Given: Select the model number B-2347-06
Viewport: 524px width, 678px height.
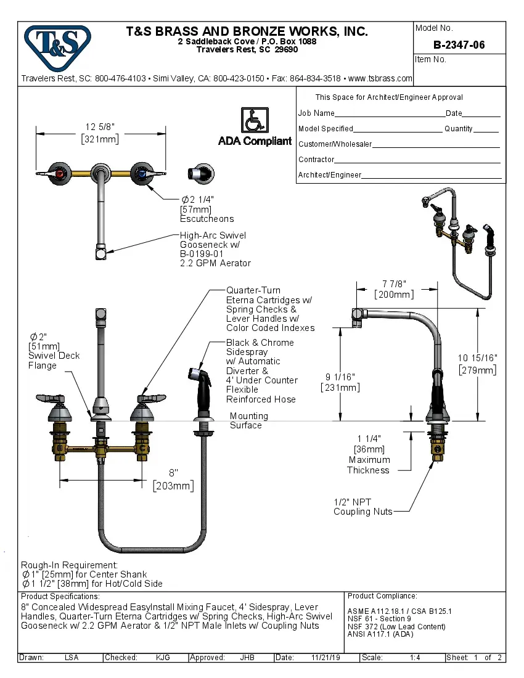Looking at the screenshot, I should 459,45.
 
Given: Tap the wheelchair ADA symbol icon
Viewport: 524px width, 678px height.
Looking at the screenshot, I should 254,120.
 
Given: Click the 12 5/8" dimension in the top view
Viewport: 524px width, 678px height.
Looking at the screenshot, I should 100,127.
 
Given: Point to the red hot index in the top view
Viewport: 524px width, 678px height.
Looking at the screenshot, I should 60,175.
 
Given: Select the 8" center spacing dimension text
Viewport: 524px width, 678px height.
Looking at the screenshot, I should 173,473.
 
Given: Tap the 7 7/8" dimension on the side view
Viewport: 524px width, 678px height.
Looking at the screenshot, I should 393,284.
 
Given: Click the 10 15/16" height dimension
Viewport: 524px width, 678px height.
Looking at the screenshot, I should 478,358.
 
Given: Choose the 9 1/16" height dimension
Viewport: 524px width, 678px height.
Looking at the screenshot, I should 340,377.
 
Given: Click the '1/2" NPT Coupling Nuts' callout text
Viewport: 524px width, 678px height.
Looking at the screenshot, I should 362,507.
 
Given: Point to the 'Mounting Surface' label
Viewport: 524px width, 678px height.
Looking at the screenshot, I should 248,420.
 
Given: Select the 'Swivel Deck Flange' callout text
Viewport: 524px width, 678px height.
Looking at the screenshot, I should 54,361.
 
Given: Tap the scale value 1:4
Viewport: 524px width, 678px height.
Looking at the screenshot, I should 415,658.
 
